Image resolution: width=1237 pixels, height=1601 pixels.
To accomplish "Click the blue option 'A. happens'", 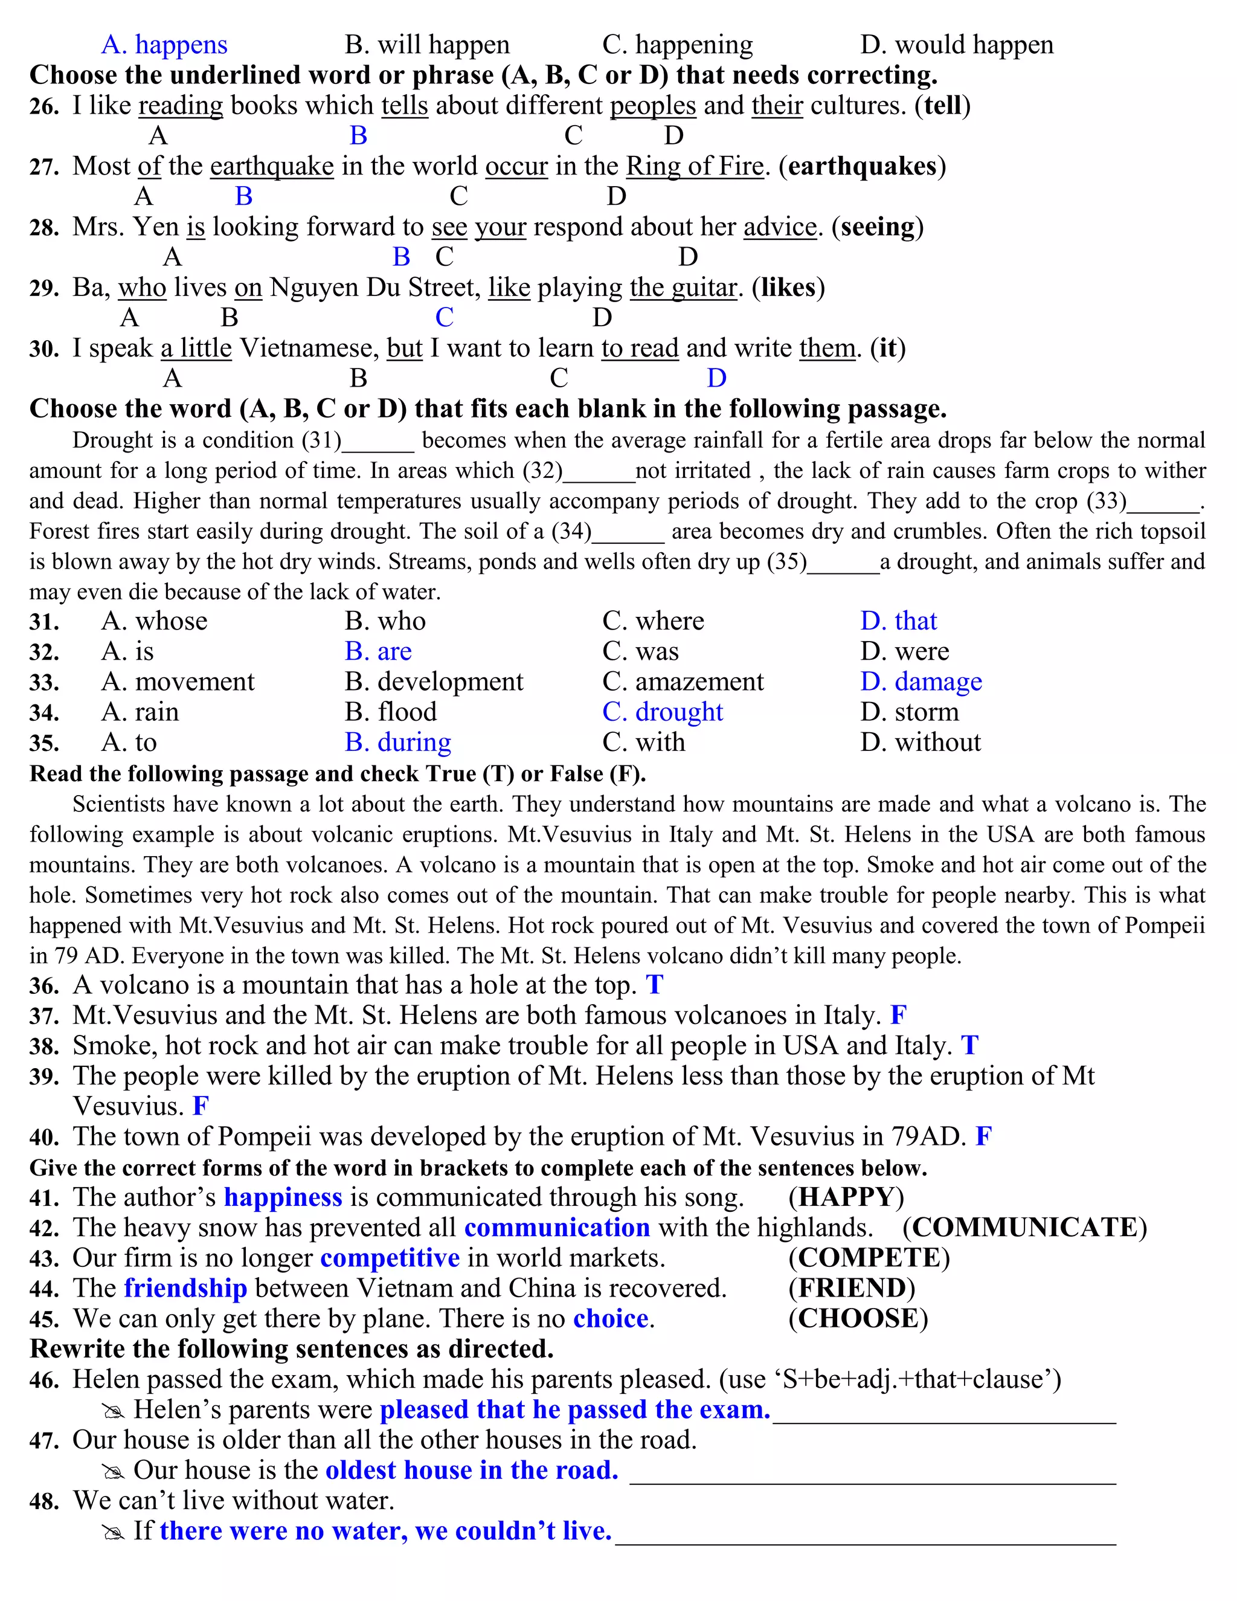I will pyautogui.click(x=164, y=45).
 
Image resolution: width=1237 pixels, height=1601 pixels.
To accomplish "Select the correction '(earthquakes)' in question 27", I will pyautogui.click(x=862, y=166).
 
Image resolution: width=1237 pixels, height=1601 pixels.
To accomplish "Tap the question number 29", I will pyautogui.click(x=44, y=288).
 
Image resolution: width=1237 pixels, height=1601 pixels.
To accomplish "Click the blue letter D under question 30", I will pyautogui.click(x=716, y=378).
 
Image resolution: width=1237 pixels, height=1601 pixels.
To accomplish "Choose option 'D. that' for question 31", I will pyautogui.click(x=898, y=621).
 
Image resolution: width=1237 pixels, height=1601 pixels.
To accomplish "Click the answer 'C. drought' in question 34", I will pyautogui.click(x=663, y=712).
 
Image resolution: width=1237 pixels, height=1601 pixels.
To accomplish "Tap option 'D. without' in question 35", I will pyautogui.click(x=921, y=743).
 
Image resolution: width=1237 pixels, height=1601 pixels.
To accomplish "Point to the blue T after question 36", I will pyautogui.click(x=654, y=985).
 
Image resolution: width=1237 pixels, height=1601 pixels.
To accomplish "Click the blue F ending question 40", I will pyautogui.click(x=983, y=1136).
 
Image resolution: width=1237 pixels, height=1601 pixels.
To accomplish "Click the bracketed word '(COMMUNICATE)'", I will pyautogui.click(x=1024, y=1227).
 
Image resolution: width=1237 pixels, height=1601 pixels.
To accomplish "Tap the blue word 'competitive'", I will pyautogui.click(x=390, y=1258).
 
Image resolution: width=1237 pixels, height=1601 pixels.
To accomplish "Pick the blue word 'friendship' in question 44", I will pyautogui.click(x=185, y=1288).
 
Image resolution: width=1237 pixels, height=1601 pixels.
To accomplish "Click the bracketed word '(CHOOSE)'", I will pyautogui.click(x=858, y=1318).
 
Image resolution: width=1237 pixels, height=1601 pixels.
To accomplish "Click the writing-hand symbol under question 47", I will pyautogui.click(x=114, y=1471).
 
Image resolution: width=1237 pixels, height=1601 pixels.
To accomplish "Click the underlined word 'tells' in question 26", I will pyautogui.click(x=405, y=106).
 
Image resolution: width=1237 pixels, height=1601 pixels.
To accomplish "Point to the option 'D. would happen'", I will pyautogui.click(x=957, y=45).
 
